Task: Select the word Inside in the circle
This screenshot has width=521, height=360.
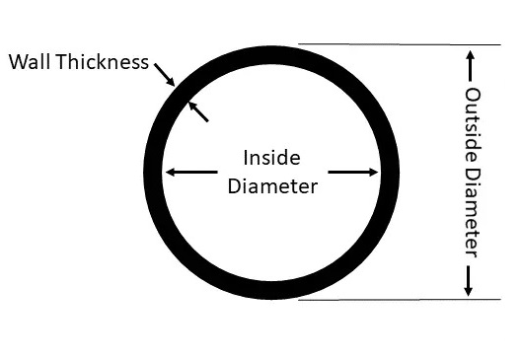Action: click(x=271, y=157)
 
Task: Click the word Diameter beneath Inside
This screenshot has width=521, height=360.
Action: click(x=272, y=185)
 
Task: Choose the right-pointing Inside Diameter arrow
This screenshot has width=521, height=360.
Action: click(x=353, y=172)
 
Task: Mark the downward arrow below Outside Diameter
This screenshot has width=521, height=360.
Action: click(x=470, y=279)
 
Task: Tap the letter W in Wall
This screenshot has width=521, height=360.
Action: click(x=17, y=62)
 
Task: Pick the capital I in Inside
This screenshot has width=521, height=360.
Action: click(x=246, y=157)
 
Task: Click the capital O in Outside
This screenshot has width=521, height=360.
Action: click(x=472, y=95)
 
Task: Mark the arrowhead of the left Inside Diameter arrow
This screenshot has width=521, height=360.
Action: click(x=170, y=172)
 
